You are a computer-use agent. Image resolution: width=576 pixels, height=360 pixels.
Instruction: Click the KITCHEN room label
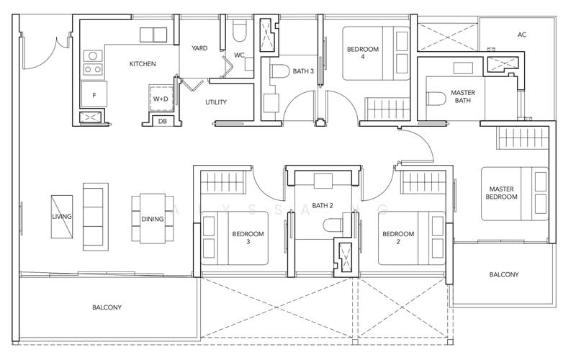pos(143,64)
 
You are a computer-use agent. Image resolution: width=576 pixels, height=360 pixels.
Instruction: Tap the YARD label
pos(199,48)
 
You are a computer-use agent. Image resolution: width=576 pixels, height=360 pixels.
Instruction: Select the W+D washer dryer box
pos(161,99)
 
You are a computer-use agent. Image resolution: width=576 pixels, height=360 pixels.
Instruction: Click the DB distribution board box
pos(163,120)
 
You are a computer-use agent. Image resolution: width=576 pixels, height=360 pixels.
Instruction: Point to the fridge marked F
pos(94,95)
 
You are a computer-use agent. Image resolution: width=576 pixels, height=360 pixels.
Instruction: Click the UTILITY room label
pos(216,102)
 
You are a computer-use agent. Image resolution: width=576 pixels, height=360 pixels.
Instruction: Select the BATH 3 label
pos(303,71)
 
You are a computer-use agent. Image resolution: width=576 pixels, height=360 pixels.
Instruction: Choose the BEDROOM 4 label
pos(363,53)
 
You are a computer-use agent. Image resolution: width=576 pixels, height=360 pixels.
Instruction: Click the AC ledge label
pos(522,35)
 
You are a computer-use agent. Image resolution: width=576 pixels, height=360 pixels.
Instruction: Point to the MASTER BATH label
pos(463,96)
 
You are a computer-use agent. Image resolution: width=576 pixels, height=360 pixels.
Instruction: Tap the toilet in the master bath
pos(436,99)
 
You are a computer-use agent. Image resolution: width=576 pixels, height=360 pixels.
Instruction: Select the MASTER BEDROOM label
pos(501,193)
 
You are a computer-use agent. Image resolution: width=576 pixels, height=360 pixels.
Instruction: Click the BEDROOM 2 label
pos(398,238)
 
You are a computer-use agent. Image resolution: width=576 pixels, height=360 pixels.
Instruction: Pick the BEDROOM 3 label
pos(248,238)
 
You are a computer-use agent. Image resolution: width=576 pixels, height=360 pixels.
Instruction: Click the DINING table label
pos(153,220)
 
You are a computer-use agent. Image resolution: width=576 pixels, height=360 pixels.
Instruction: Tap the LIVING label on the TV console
pos(62,217)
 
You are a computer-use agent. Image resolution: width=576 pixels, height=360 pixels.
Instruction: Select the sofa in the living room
pos(96,217)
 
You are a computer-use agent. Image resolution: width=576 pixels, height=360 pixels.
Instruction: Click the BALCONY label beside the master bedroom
pos(504,274)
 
